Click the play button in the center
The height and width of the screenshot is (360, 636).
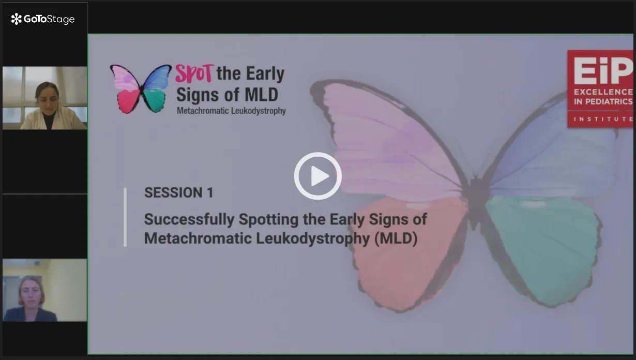(317, 176)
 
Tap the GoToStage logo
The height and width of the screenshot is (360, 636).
(43, 19)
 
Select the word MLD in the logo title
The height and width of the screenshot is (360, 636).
(262, 95)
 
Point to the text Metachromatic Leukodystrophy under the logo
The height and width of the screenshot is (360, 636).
(231, 111)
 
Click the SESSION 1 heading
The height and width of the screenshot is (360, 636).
(178, 192)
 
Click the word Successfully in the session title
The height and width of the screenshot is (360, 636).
(189, 219)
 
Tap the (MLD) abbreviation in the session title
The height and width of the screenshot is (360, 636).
(396, 238)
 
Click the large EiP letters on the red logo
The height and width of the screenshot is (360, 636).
(603, 70)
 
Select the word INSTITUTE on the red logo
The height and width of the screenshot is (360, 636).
(603, 119)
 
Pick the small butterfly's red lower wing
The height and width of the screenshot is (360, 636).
(128, 101)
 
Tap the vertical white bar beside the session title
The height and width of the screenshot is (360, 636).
(125, 217)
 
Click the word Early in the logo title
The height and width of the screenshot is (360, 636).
(265, 74)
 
